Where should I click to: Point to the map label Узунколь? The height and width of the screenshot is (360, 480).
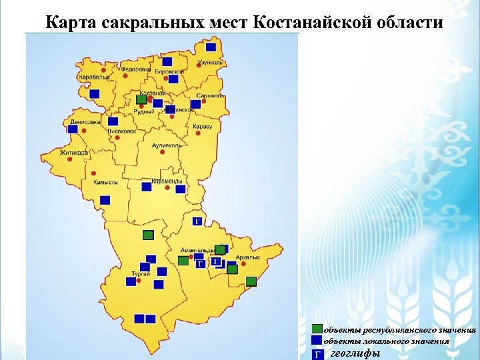(210, 62)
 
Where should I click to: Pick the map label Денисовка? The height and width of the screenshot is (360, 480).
(85, 122)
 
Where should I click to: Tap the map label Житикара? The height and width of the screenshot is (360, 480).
(74, 153)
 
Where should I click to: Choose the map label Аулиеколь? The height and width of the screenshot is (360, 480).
(167, 145)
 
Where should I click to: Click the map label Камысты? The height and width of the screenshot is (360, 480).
(105, 182)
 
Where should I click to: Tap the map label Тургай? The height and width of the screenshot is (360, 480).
(140, 274)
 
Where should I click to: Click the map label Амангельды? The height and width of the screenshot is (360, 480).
(197, 249)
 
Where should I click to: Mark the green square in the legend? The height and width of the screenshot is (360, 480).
(317, 329)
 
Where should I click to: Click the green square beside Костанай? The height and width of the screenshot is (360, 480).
(141, 99)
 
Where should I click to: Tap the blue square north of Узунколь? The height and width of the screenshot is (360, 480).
(211, 47)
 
